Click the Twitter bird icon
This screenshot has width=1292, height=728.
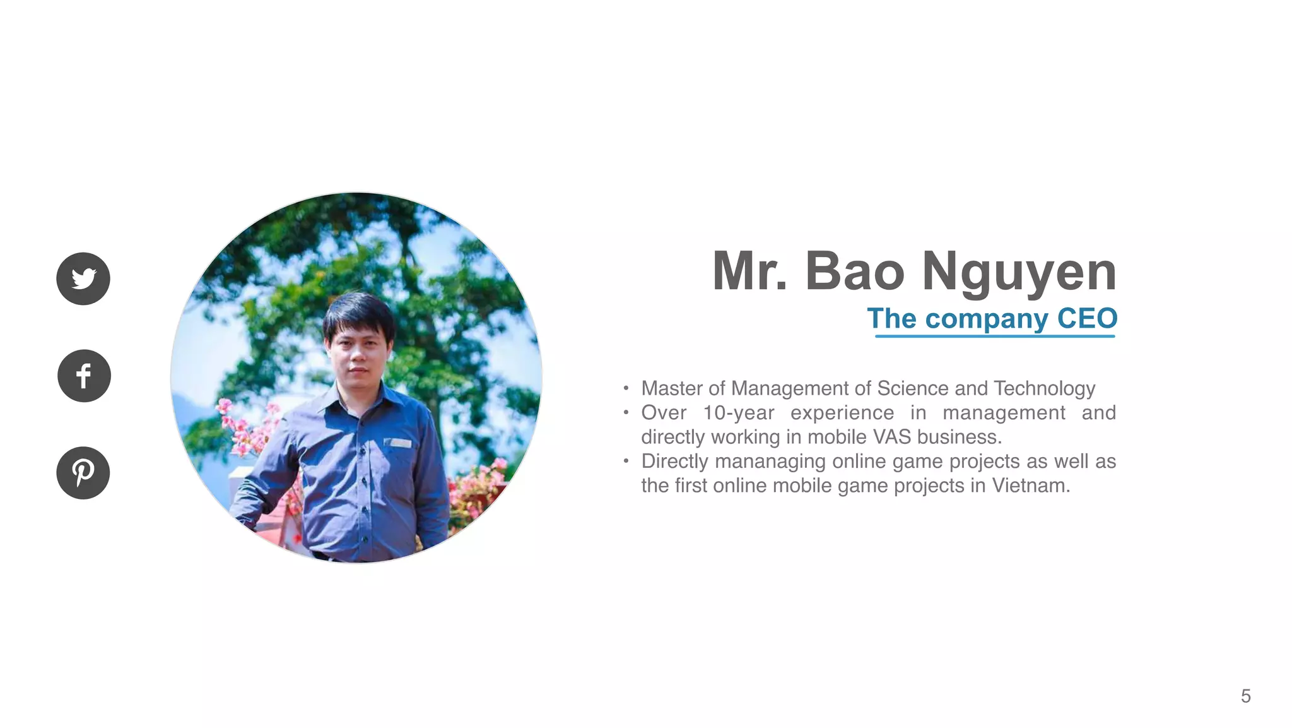pyautogui.click(x=83, y=278)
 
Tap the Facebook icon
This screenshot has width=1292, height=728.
pyautogui.click(x=84, y=376)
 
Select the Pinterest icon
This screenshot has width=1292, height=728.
pyautogui.click(x=83, y=473)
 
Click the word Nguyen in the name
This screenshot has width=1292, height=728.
pyautogui.click(x=1019, y=272)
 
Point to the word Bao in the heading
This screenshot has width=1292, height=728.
pyautogui.click(x=855, y=272)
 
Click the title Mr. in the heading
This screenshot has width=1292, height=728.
pyautogui.click(x=750, y=272)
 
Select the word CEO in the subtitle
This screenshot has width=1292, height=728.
pyautogui.click(x=1087, y=318)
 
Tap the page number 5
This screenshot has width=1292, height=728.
pyautogui.click(x=1245, y=696)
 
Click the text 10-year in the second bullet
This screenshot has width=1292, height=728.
pyautogui.click(x=739, y=413)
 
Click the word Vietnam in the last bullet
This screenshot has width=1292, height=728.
pyautogui.click(x=1030, y=486)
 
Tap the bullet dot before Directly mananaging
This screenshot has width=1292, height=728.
pyautogui.click(x=626, y=461)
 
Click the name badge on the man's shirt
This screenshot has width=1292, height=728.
pyautogui.click(x=398, y=443)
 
